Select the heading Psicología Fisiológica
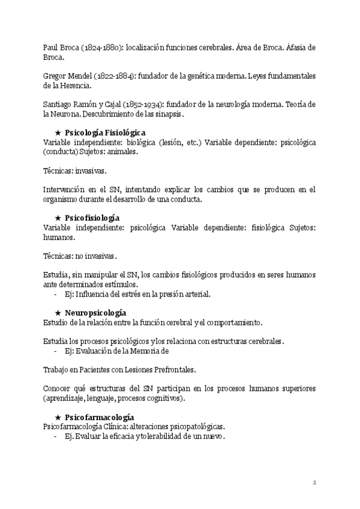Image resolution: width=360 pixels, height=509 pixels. coord(105,133)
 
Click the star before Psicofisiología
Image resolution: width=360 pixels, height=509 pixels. coord(58,218)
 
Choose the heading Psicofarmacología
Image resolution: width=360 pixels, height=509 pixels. coord(99,417)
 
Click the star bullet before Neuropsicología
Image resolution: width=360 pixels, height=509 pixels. coord(58,313)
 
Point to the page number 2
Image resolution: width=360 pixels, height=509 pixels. coord(314,482)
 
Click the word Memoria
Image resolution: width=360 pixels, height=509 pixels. coord(145,351)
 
